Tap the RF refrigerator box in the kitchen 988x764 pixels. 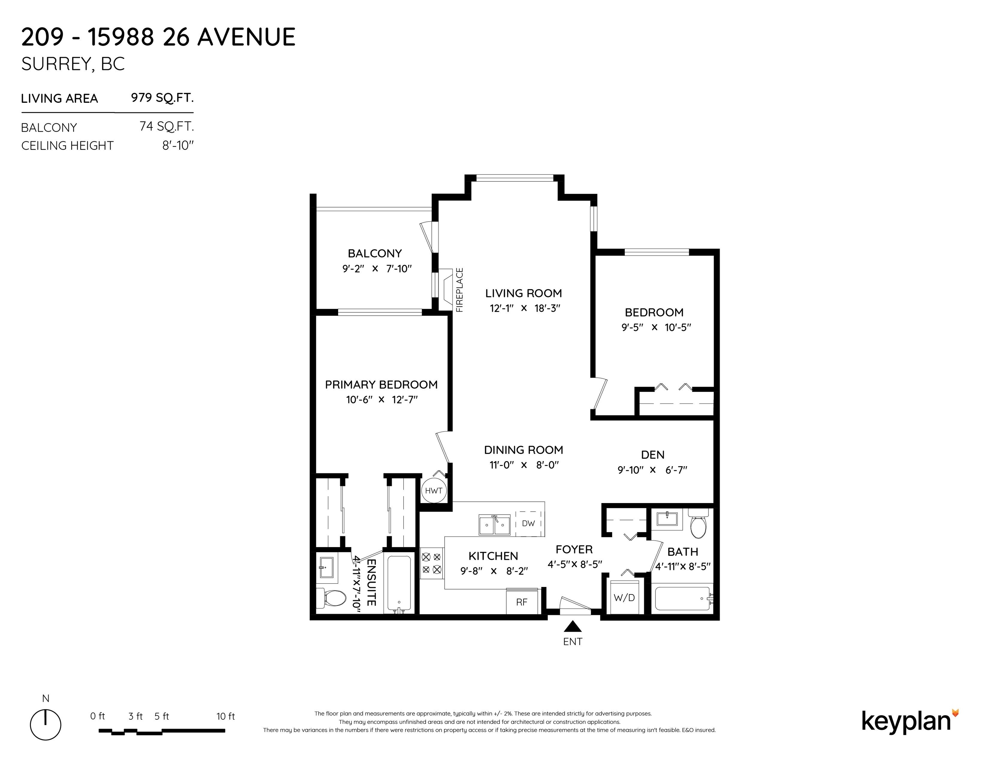523,601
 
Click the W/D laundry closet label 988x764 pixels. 624,598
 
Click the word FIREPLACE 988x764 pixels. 460,290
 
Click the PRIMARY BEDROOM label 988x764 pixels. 381,385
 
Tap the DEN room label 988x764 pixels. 653,455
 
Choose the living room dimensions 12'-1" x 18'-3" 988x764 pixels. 525,308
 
